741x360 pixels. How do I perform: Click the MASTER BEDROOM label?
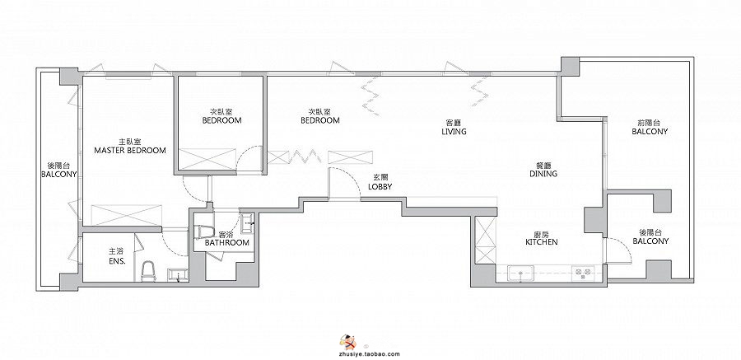(130, 151)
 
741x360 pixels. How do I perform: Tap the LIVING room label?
(454, 132)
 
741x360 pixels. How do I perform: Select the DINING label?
(543, 174)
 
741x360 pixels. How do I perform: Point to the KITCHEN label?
(542, 241)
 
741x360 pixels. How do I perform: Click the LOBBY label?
(380, 187)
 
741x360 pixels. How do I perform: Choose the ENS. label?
(113, 260)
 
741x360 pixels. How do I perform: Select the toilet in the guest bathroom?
(203, 232)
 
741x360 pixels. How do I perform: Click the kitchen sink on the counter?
(521, 274)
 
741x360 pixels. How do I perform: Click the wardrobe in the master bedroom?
(126, 215)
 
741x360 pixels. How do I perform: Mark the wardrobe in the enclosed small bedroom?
(207, 159)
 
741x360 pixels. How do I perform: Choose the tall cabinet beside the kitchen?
(485, 241)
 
